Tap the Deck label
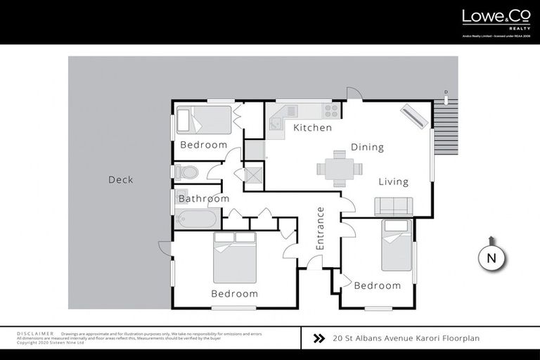coord(120,180)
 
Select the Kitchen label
coord(312,128)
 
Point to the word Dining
coord(367,148)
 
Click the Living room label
coord(393,182)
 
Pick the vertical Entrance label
coord(320,228)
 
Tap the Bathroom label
coord(203,199)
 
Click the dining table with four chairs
coord(340,169)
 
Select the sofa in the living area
coord(394,206)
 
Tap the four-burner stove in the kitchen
coord(330,111)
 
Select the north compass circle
coord(492,258)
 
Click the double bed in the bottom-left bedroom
coord(234,257)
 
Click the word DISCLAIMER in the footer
coord(35,333)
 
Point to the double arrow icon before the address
coord(319,338)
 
